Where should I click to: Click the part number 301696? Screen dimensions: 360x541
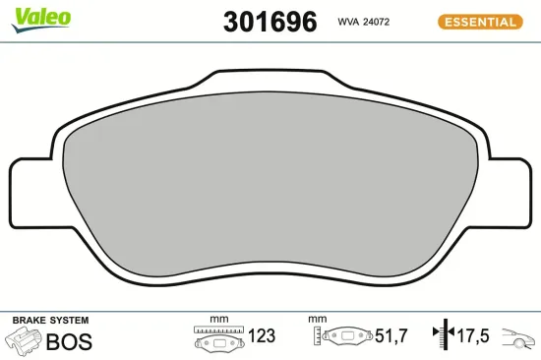(270, 21)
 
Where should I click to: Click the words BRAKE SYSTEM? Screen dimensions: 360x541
(49, 321)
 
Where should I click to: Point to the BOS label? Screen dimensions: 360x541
(68, 342)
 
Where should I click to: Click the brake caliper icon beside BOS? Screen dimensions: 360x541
(24, 341)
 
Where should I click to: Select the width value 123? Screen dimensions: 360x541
(261, 336)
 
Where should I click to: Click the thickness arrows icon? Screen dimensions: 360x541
(441, 335)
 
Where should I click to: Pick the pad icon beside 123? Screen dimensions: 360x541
(217, 340)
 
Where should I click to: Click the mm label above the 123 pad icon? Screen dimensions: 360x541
(218, 320)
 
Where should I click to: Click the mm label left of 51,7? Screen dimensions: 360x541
(317, 320)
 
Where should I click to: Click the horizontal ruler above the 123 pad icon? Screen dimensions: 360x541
(217, 329)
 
